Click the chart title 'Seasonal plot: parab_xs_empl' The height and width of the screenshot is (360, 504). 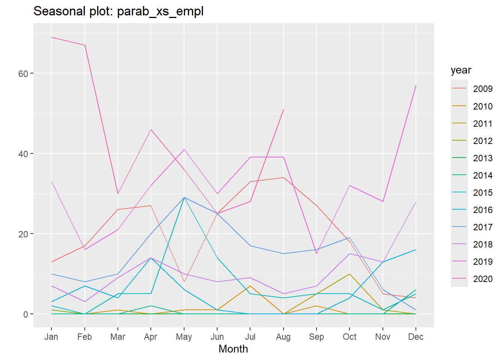point(118,11)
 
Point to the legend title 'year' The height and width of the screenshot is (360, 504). point(461,70)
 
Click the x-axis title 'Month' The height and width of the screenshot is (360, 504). point(233,349)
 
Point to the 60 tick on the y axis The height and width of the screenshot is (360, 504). point(23,73)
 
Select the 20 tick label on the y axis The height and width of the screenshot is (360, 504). point(23,234)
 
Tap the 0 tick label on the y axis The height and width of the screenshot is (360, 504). point(25,314)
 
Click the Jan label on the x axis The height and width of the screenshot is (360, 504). point(51,337)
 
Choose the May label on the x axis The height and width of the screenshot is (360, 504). point(184,337)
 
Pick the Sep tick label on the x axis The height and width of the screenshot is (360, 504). point(316,337)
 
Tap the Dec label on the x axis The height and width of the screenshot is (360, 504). point(416,337)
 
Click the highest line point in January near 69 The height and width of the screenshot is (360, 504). point(52,37)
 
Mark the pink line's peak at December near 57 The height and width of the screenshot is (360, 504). point(416,85)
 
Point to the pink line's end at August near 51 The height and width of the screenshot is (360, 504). point(283,109)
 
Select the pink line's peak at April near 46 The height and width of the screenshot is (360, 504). point(151,130)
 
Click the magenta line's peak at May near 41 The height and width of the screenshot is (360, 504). point(184,150)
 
